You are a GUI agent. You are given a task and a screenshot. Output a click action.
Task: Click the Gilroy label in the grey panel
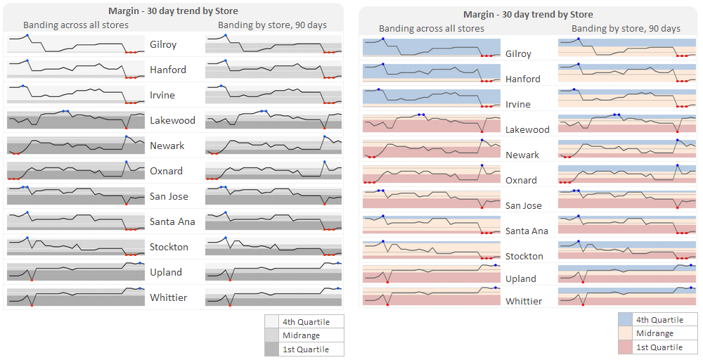(x=163, y=44)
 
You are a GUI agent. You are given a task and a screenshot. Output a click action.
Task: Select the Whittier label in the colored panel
(x=524, y=301)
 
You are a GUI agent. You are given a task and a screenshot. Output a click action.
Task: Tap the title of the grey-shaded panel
(x=173, y=11)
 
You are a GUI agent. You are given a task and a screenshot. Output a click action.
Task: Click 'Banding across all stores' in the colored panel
(x=432, y=29)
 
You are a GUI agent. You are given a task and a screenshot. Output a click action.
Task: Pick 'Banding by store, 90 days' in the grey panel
(x=272, y=25)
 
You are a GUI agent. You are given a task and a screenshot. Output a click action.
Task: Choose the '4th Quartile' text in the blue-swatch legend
(x=659, y=320)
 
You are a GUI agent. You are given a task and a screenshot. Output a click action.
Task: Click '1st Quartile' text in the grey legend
(x=305, y=349)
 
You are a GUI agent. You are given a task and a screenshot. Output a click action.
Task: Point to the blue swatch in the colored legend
(x=625, y=320)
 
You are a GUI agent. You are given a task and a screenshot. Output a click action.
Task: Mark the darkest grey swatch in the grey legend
(x=272, y=349)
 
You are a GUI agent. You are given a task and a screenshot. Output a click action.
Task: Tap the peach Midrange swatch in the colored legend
(x=625, y=333)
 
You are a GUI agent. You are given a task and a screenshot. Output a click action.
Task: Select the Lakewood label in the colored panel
(x=527, y=129)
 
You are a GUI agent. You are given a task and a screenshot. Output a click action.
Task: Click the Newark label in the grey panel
(x=167, y=146)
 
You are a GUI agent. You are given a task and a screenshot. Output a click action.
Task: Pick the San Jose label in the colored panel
(x=524, y=205)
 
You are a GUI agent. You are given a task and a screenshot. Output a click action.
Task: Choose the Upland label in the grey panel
(x=166, y=272)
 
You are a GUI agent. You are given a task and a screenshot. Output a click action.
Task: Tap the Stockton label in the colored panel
(x=524, y=256)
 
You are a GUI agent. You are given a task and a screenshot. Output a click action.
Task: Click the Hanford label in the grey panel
(x=168, y=70)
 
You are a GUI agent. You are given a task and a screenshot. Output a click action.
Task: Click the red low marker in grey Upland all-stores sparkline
(x=32, y=280)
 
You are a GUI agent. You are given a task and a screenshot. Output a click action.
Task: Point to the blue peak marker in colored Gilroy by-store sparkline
(x=579, y=39)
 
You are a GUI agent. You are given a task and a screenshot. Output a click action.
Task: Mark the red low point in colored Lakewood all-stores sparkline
(x=482, y=131)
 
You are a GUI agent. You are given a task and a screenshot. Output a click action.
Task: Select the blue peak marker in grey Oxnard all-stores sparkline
(x=127, y=162)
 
